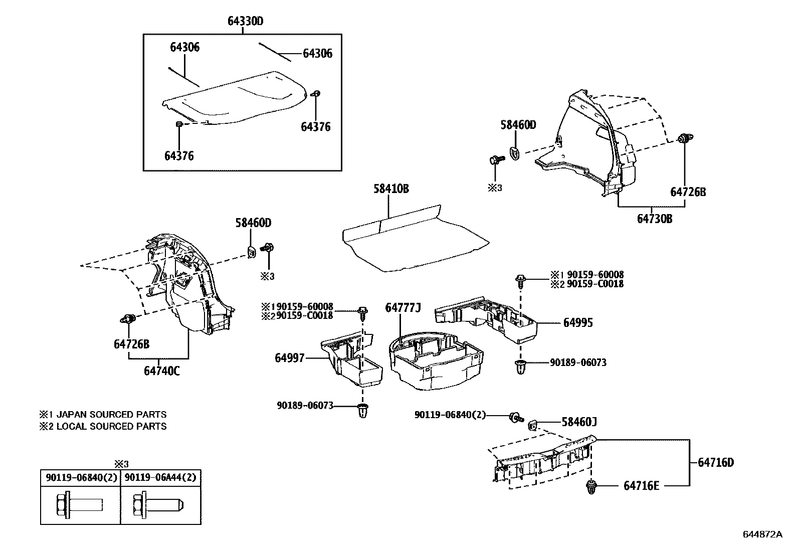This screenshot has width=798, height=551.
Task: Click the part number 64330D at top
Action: point(245,21)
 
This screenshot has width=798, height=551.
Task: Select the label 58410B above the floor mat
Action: point(391,189)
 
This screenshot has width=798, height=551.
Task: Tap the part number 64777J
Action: point(403,307)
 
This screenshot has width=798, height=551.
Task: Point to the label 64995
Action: point(578,323)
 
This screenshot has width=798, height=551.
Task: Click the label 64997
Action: point(289,358)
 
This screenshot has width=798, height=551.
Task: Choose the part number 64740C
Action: point(161,371)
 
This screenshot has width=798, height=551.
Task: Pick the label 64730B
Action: point(655,219)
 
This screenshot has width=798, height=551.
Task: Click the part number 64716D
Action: point(715,462)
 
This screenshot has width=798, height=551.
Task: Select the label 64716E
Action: point(642,486)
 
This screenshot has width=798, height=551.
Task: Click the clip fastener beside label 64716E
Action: point(592,486)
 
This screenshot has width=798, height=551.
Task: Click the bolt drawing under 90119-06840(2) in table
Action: point(78,503)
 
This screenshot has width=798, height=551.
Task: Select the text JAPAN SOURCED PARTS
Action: point(111,415)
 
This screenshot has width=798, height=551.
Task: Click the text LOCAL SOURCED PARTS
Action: point(111,426)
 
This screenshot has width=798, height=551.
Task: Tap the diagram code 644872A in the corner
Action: point(762,534)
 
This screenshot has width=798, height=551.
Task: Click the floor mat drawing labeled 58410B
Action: point(411,241)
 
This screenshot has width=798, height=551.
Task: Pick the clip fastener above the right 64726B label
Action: point(683,139)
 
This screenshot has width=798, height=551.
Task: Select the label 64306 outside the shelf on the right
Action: point(317,54)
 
